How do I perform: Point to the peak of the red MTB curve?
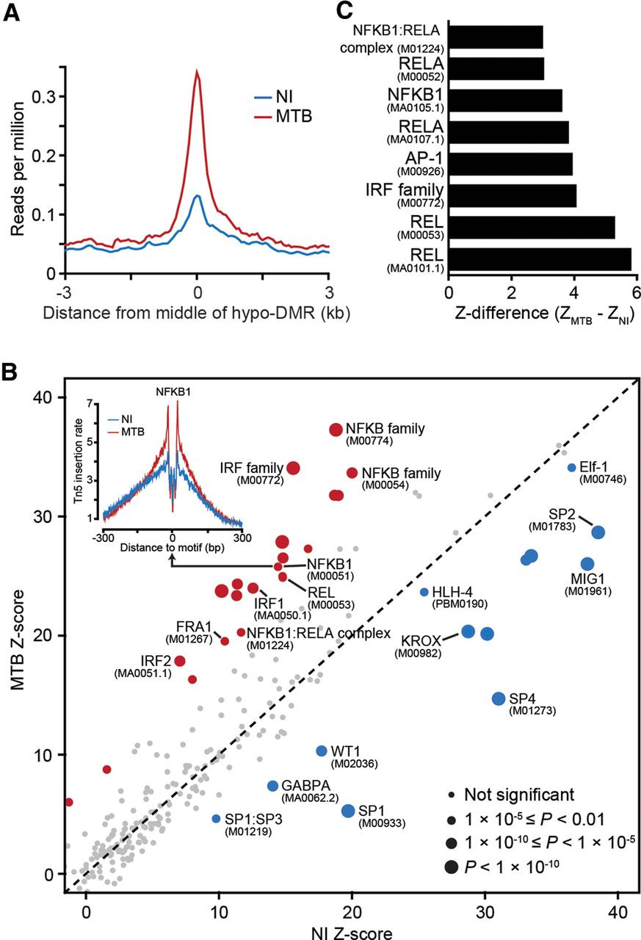click(197, 72)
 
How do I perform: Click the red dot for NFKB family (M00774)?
click(336, 430)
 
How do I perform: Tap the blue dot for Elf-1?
click(571, 468)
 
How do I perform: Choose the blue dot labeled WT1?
click(321, 751)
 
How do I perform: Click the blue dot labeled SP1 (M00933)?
click(348, 810)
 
